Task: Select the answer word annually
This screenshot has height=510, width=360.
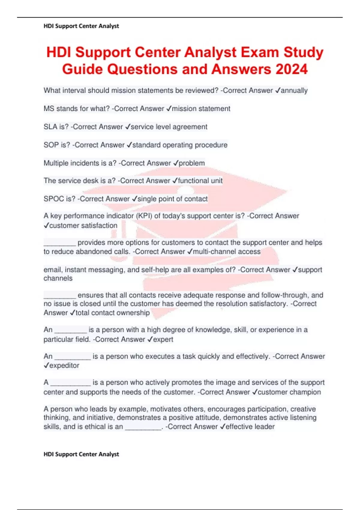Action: point(294,90)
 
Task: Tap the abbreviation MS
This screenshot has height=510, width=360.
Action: point(49,109)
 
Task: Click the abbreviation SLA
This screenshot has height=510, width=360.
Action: point(50,127)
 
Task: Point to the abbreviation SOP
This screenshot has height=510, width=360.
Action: point(51,145)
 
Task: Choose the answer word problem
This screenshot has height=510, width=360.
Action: point(192,163)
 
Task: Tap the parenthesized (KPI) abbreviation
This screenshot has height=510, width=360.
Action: point(144,216)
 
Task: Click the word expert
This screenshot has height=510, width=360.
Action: point(163,339)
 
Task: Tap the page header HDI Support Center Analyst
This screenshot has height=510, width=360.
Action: point(81,26)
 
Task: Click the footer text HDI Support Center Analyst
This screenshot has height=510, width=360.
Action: point(81,454)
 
